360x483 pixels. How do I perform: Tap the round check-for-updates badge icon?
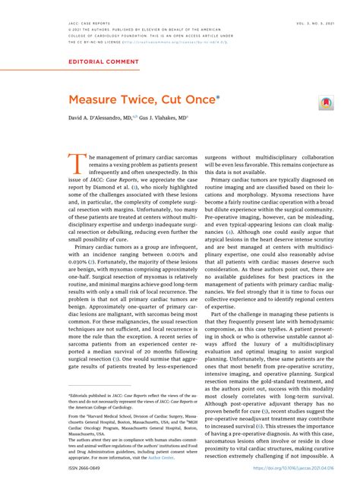(x=324, y=101)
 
